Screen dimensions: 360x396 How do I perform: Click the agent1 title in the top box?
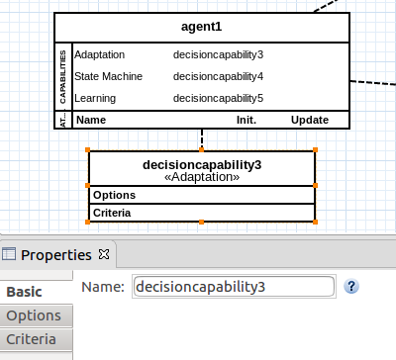tap(201, 26)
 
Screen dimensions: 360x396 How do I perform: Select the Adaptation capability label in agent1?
tap(99, 54)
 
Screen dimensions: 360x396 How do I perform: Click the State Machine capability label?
tap(109, 76)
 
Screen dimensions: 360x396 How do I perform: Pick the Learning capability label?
tap(95, 98)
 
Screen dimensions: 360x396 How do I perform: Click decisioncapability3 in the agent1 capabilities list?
tap(218, 54)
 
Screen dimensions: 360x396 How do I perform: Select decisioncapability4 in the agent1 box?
tap(218, 76)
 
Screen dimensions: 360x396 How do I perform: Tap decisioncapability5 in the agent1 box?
tap(218, 98)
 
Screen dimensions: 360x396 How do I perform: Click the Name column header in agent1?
tap(91, 120)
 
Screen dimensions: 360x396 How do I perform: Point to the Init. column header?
tap(246, 120)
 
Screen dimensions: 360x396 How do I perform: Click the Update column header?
tap(310, 120)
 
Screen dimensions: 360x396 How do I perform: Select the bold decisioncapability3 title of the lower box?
tap(202, 163)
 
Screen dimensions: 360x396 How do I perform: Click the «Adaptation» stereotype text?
tap(202, 176)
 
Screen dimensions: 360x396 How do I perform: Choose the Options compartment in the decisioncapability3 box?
tap(114, 195)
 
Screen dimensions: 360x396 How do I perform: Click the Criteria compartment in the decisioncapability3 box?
tap(113, 213)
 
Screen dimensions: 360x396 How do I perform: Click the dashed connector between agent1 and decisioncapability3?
tap(202, 138)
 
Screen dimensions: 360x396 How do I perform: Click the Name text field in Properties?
tap(233, 287)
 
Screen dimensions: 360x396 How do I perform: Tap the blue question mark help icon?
tap(350, 286)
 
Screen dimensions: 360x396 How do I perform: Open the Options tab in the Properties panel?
tap(33, 316)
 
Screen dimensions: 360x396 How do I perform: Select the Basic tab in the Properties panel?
tap(25, 292)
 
